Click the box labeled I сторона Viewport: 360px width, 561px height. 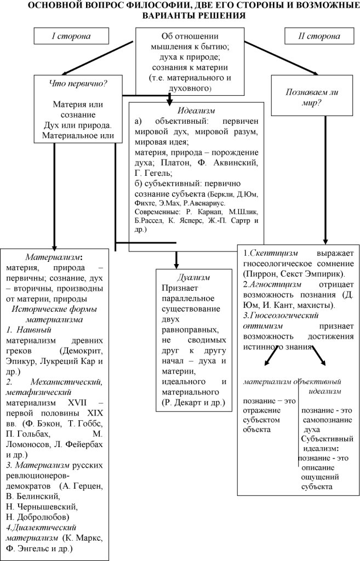pyautogui.click(x=71, y=36)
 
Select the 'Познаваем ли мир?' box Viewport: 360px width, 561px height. pyautogui.click(x=311, y=97)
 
